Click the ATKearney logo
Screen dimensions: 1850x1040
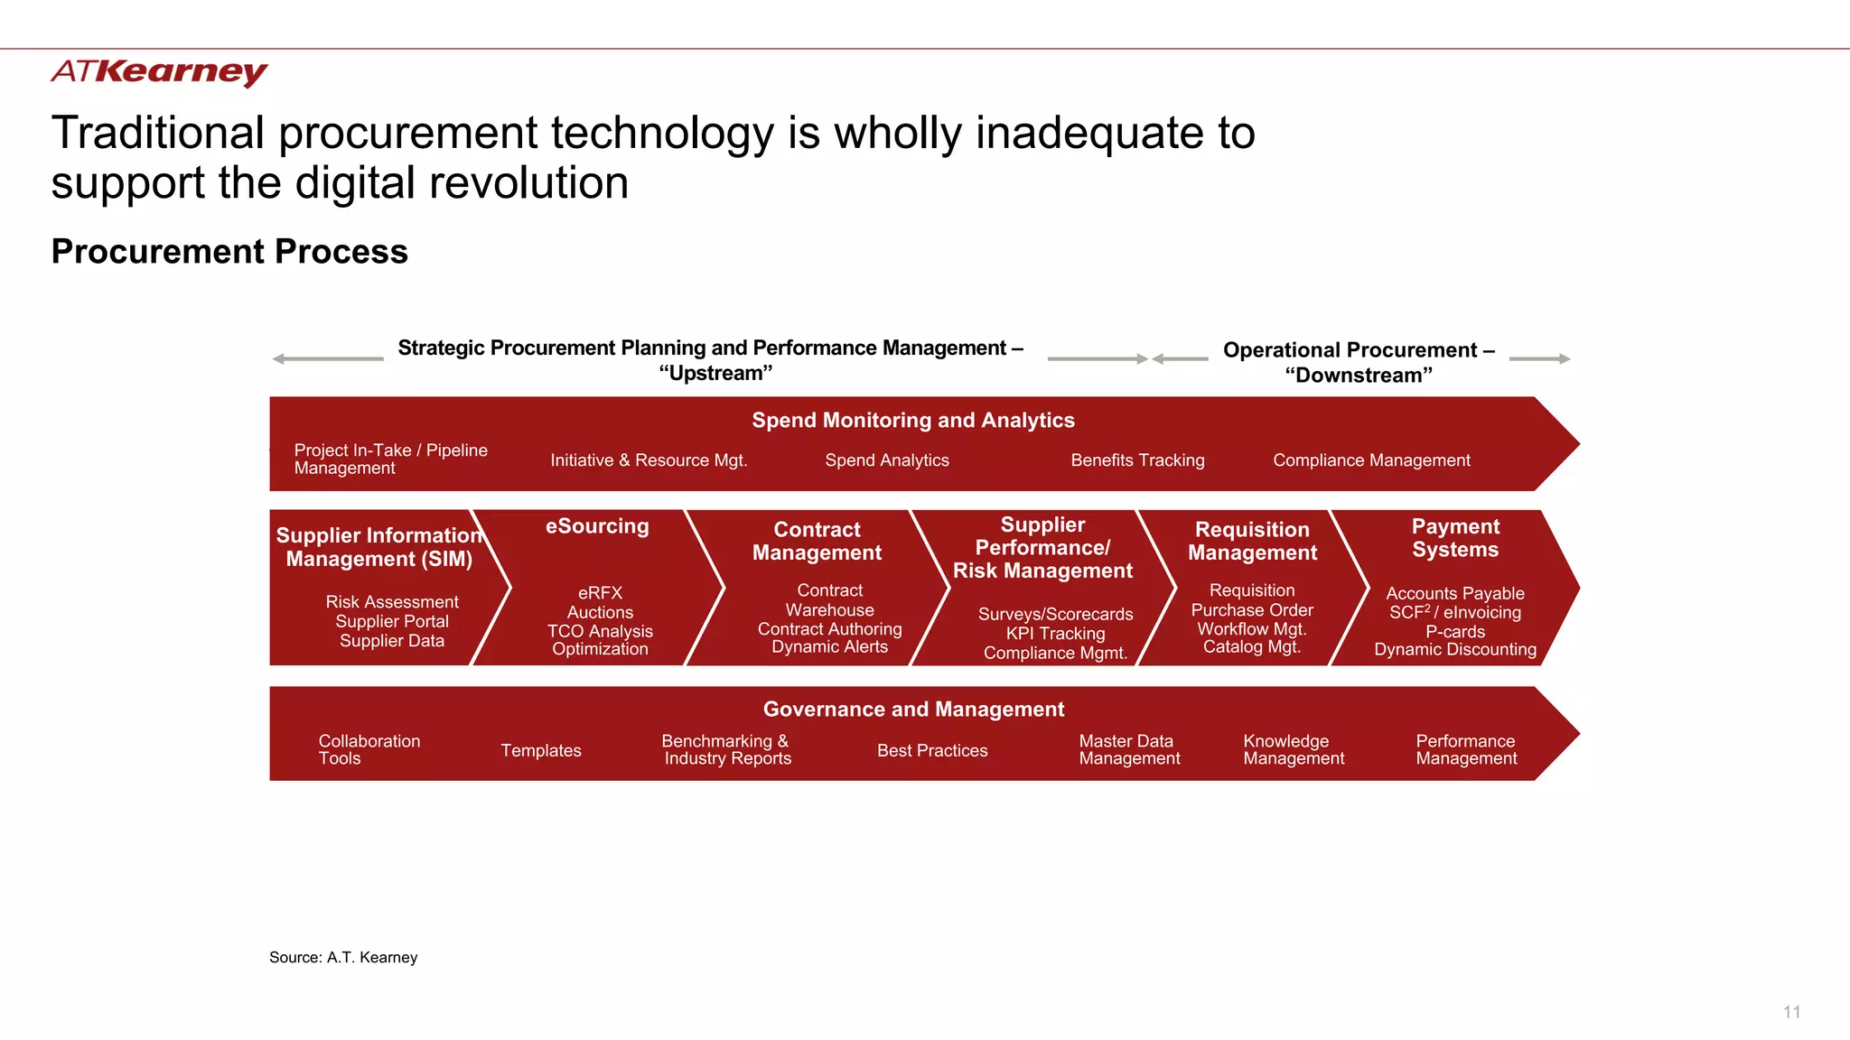click(x=159, y=72)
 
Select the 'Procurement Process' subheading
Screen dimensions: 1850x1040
click(x=229, y=252)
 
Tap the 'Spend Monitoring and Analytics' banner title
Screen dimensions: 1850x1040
click(x=913, y=420)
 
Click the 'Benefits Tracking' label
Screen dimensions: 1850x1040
click(x=1137, y=460)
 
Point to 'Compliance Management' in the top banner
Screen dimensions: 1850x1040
click(x=1371, y=460)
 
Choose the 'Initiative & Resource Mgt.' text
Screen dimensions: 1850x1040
click(x=649, y=460)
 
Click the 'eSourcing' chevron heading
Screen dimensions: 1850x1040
click(x=597, y=526)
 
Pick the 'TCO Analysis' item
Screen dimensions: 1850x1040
click(x=600, y=631)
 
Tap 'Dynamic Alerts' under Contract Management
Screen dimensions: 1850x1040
click(x=829, y=646)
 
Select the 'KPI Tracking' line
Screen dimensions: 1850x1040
click(x=1055, y=634)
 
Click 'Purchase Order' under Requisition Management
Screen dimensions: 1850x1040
click(x=1252, y=610)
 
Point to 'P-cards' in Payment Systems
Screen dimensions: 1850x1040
click(x=1455, y=632)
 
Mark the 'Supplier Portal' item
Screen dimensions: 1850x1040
click(x=392, y=621)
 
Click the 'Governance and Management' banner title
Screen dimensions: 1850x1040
click(x=913, y=710)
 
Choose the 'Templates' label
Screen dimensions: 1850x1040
click(x=541, y=750)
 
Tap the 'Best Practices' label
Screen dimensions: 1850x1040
click(x=932, y=750)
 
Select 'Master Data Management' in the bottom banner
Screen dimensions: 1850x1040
click(x=1129, y=749)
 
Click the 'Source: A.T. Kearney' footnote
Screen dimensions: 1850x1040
click(x=343, y=957)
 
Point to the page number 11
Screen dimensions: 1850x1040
click(x=1792, y=1012)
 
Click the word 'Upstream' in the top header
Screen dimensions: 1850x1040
click(x=715, y=373)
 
